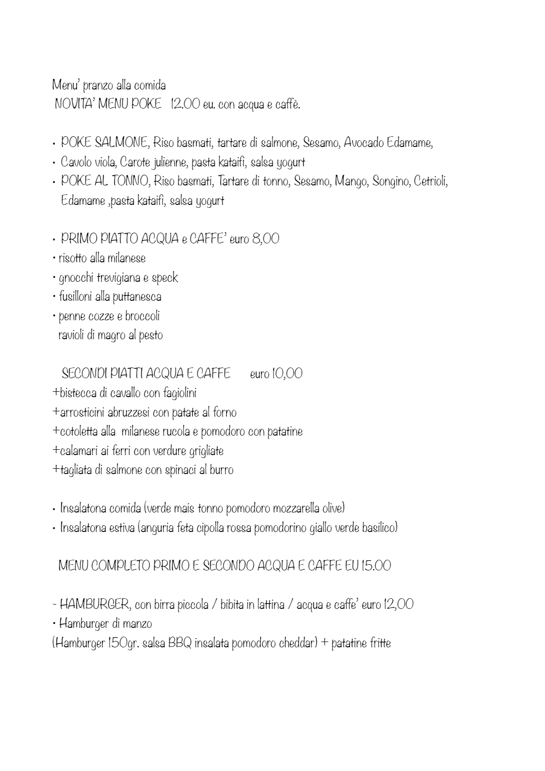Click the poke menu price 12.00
click(x=185, y=105)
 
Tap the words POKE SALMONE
click(x=104, y=143)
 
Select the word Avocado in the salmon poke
click(x=364, y=143)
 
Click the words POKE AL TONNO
click(x=104, y=181)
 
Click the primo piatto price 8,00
click(x=266, y=239)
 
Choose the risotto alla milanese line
click(x=102, y=258)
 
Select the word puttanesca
click(x=137, y=297)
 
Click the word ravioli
click(x=71, y=335)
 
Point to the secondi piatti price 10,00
click(x=288, y=374)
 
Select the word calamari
click(x=79, y=451)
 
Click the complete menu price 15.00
click(x=376, y=566)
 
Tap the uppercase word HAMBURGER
click(x=94, y=605)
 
